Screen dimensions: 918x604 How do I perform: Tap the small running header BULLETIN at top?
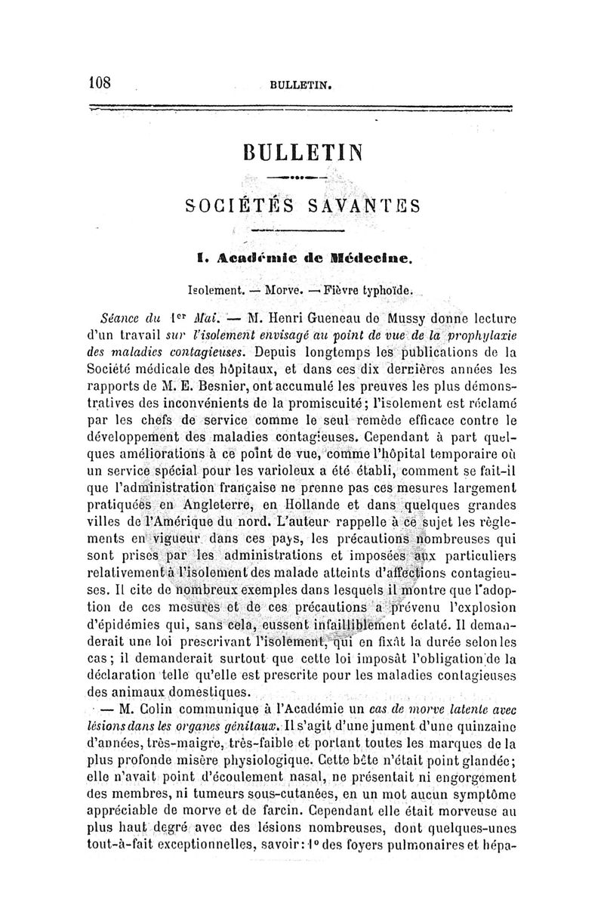(300, 85)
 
